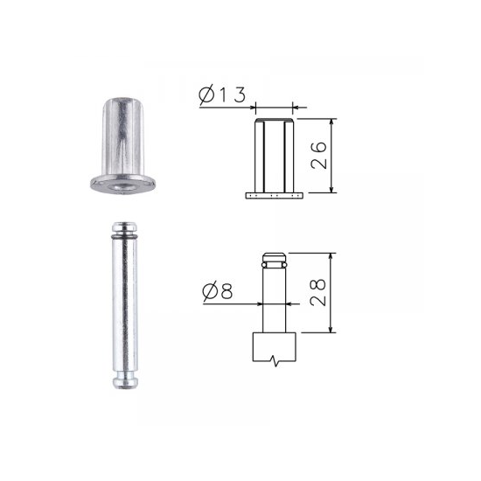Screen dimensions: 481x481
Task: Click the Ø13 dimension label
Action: pos(222,95)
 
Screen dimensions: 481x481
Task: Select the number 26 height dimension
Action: pos(318,155)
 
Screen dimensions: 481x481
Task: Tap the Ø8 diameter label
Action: pos(218,291)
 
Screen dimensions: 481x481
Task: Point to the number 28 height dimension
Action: pos(317,292)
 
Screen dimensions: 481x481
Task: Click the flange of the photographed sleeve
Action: pos(123,185)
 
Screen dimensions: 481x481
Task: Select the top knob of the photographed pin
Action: pos(124,227)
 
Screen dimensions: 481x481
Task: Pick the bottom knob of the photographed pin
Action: pos(125,383)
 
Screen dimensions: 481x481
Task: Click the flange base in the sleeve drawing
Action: pos(275,195)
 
